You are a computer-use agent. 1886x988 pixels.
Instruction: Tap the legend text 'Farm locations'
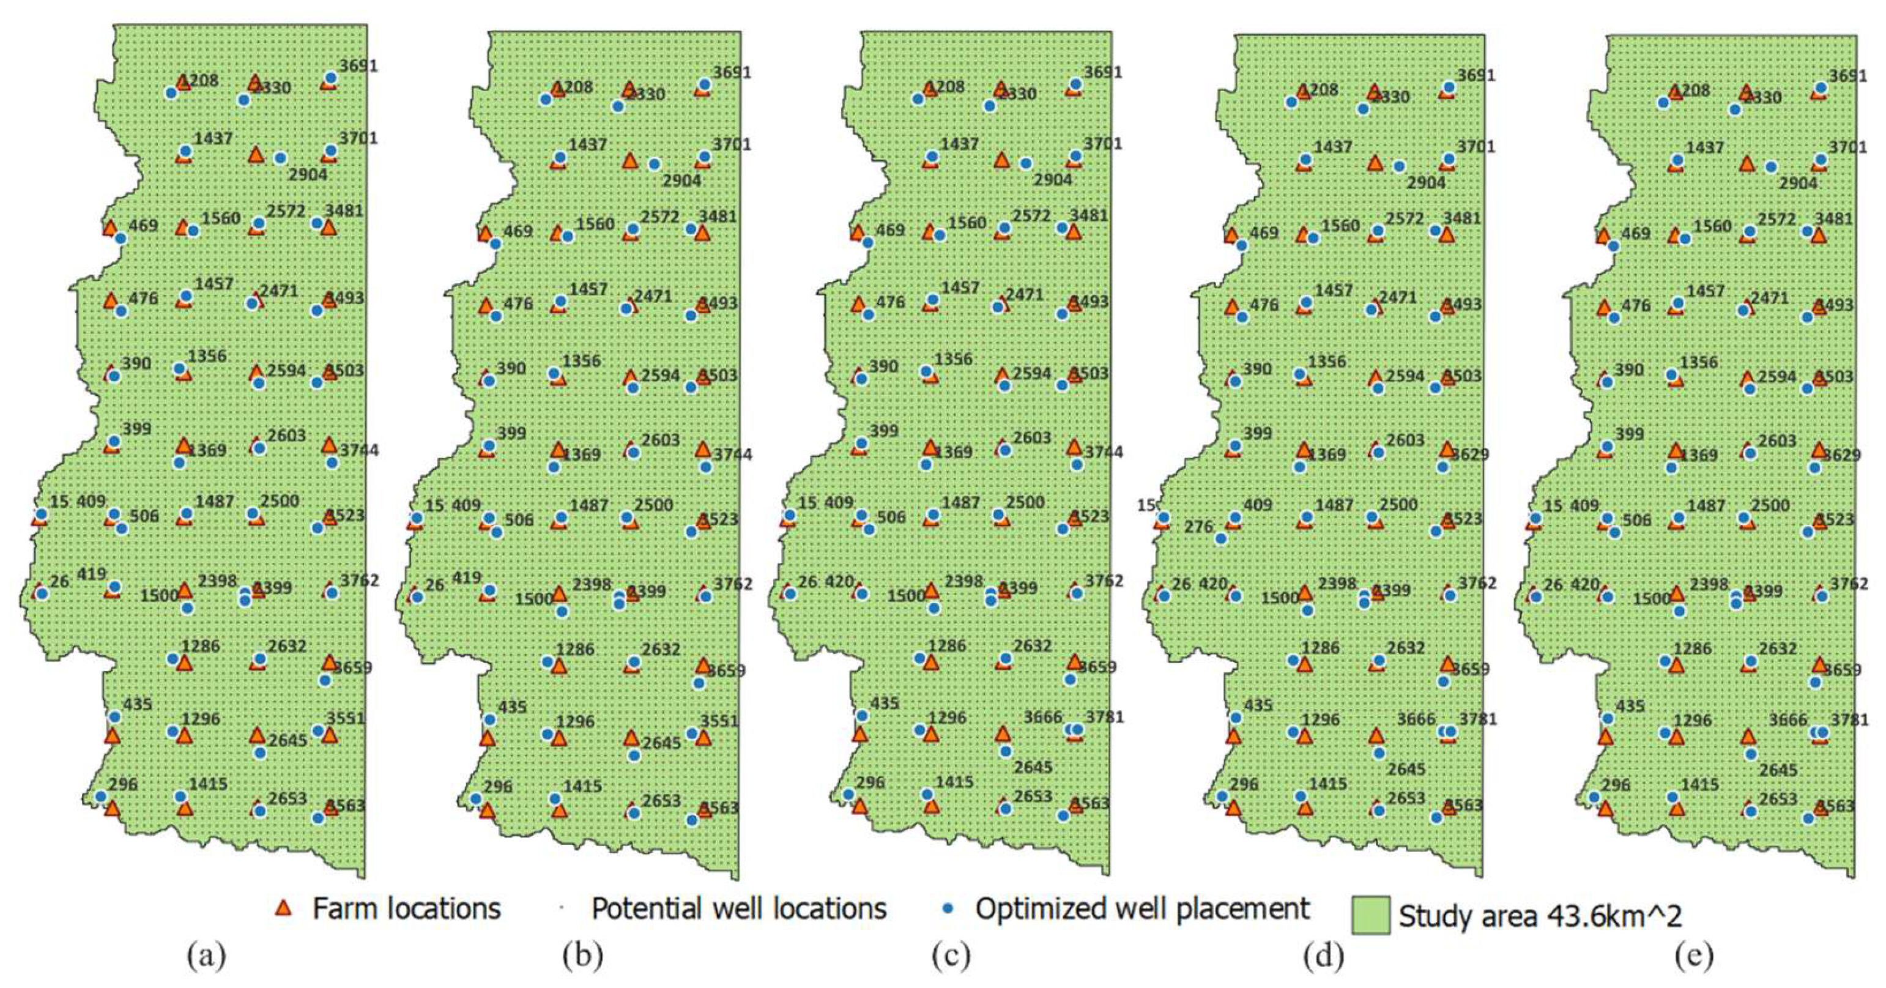tap(406, 909)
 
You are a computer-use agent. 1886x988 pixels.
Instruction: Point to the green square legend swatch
tap(1370, 915)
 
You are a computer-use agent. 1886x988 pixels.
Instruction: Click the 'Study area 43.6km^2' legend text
tap(1540, 915)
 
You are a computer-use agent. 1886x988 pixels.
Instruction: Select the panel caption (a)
tap(207, 956)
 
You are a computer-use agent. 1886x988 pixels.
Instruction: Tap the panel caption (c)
tap(951, 956)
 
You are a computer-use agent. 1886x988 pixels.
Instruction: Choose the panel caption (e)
tap(1693, 956)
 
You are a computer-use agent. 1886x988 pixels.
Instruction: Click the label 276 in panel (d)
tap(1198, 527)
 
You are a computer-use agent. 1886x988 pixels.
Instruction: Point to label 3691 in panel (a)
tap(358, 66)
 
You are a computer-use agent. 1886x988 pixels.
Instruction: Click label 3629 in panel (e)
tap(1841, 455)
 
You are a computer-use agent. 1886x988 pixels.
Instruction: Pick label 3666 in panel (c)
tap(1042, 717)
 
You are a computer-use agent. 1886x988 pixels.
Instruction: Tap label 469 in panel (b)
tap(518, 231)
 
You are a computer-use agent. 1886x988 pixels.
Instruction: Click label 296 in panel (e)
tap(1615, 785)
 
